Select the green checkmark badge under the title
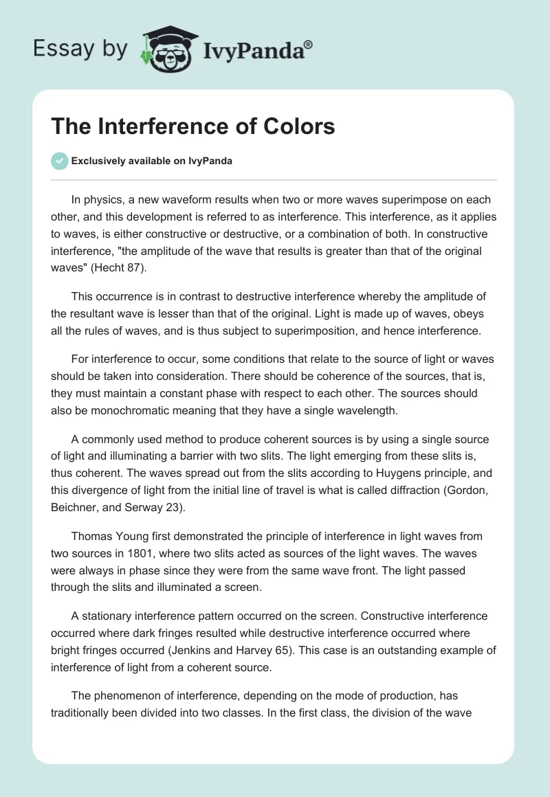[59, 161]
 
